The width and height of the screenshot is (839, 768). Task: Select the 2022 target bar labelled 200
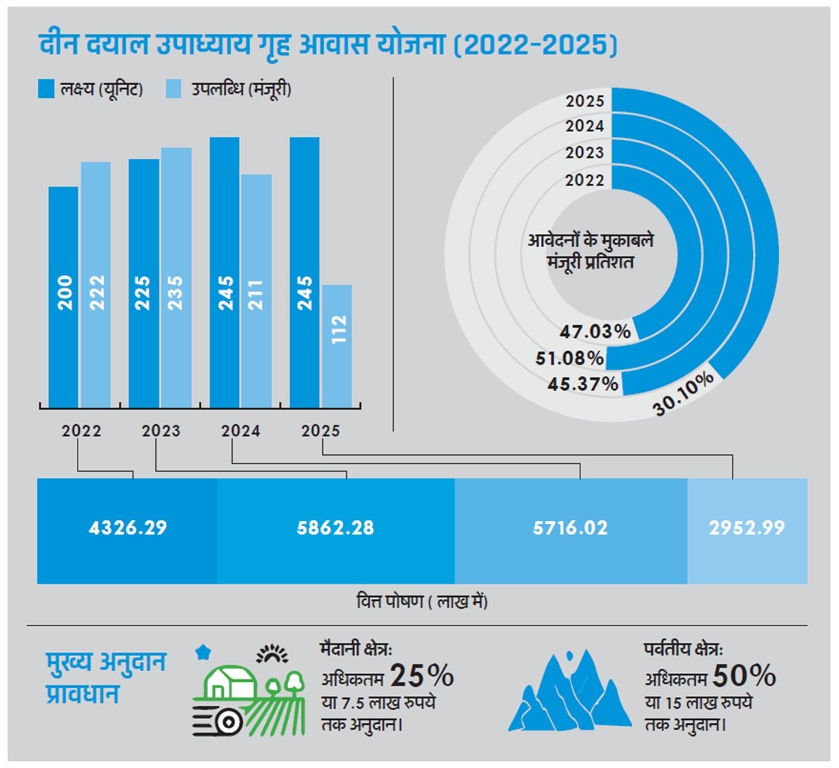[x=64, y=297]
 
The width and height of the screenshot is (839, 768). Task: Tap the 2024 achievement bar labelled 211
[x=257, y=291]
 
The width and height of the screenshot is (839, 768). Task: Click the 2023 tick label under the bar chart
[x=162, y=431]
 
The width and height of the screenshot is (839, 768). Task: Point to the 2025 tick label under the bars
[x=321, y=431]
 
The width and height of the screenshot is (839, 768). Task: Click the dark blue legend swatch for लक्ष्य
[x=46, y=89]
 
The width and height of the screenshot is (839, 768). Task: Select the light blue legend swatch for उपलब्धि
[x=173, y=89]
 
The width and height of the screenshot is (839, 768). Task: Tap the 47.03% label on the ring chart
[x=595, y=331]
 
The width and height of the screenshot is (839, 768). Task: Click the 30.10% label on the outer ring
[x=684, y=393]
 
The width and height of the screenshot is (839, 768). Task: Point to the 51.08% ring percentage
[x=570, y=358]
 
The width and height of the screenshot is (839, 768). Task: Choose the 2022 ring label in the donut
[x=585, y=180]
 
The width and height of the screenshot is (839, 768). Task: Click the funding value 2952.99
[x=747, y=528]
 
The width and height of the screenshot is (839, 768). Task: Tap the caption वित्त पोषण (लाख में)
[x=422, y=602]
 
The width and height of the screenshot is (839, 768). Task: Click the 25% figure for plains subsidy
[x=422, y=676]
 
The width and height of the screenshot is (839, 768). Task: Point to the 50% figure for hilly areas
[x=744, y=676]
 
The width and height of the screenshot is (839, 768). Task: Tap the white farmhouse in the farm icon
[x=227, y=681]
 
